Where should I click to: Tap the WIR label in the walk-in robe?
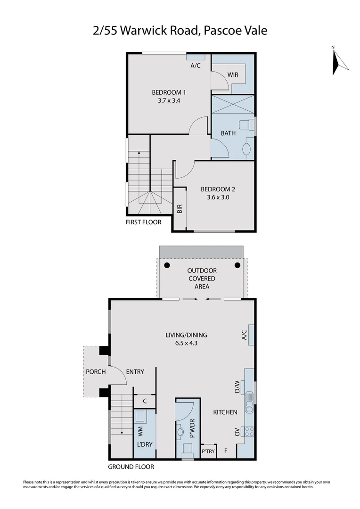(232, 75)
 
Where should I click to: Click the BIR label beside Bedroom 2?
(180, 209)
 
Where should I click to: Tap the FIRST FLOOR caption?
(143, 222)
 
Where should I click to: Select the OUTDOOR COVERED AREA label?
(202, 279)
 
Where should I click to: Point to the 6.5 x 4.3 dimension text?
(186, 343)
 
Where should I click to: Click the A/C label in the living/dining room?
(244, 335)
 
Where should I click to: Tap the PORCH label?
(96, 372)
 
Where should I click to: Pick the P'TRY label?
(208, 451)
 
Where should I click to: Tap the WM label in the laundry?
(140, 430)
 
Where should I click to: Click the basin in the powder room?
(181, 431)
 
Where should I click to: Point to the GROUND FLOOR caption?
(131, 467)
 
